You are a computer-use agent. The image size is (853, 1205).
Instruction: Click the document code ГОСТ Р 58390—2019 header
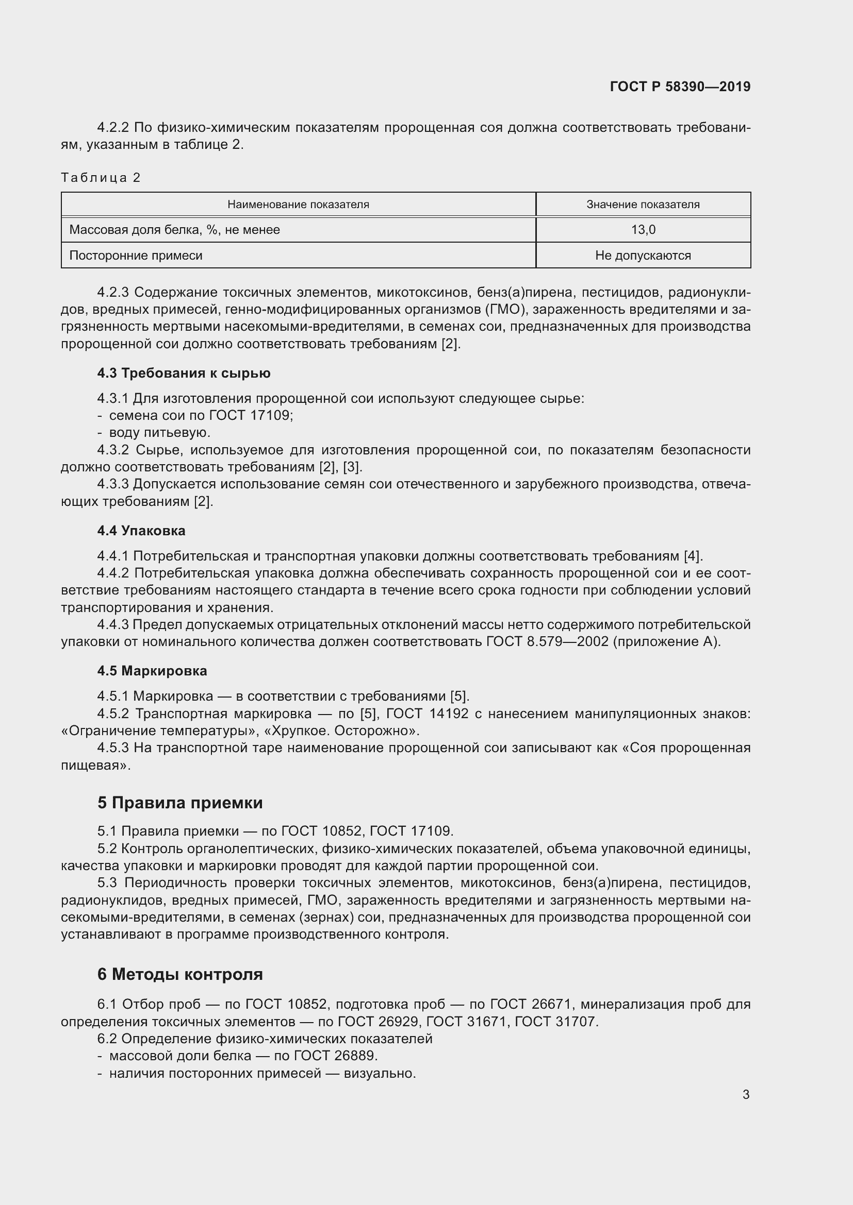680,87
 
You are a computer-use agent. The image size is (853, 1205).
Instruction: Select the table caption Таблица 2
101,177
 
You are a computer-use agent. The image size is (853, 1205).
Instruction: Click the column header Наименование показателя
298,204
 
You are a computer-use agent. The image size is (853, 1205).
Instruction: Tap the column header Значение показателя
643,204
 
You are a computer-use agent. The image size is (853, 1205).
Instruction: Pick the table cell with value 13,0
643,229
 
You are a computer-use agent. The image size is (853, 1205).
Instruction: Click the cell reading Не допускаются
643,256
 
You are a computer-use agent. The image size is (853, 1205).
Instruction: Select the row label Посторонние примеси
136,256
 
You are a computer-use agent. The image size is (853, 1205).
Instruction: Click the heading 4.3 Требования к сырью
184,373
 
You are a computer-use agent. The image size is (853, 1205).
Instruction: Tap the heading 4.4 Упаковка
141,531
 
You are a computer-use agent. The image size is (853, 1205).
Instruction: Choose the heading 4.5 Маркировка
152,671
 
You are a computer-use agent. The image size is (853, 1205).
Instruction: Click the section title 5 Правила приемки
179,803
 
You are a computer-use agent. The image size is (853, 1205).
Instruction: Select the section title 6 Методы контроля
179,974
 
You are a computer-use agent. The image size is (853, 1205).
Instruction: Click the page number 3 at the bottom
746,1094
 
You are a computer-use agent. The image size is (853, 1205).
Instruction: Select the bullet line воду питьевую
159,432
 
